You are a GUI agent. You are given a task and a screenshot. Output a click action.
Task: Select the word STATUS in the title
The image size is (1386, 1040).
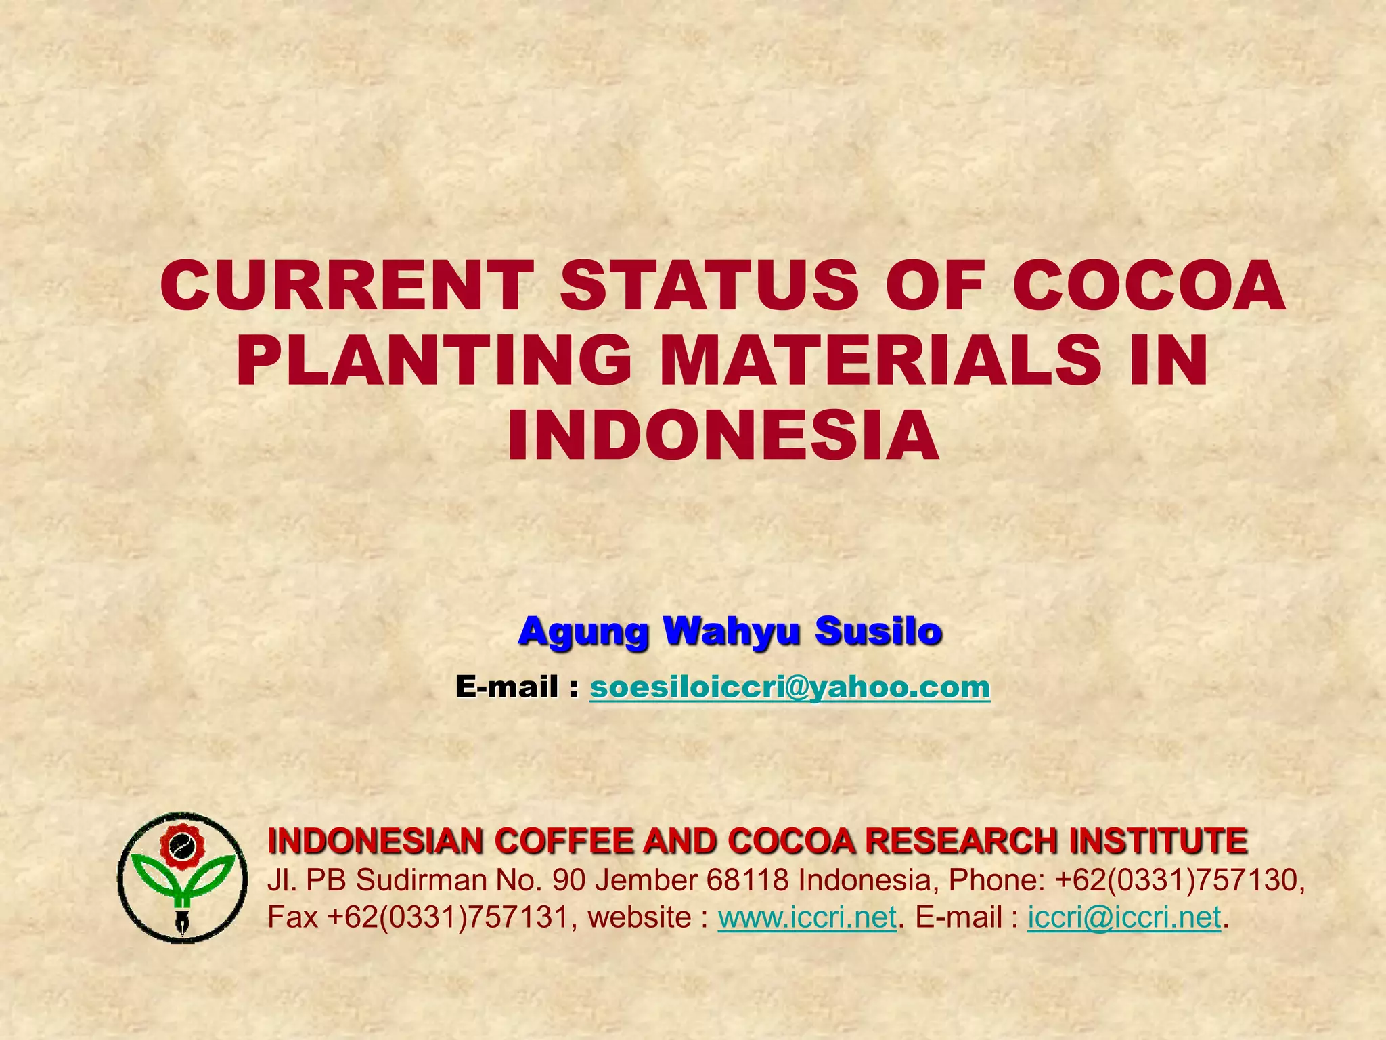click(x=709, y=286)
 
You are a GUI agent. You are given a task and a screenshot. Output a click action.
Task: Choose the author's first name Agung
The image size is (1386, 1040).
click(x=583, y=631)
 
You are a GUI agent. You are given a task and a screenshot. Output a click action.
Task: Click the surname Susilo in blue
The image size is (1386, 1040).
click(x=878, y=631)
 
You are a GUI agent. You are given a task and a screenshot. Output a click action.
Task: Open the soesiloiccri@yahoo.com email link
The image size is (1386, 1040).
click(x=790, y=687)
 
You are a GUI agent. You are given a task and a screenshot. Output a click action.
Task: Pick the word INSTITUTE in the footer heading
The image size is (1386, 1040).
click(x=1158, y=842)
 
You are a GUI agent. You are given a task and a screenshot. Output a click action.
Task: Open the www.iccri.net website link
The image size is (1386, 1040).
click(x=807, y=917)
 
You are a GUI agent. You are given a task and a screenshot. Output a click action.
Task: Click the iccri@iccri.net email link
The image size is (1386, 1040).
click(x=1124, y=917)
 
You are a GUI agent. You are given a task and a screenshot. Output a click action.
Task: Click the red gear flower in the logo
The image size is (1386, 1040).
click(x=182, y=847)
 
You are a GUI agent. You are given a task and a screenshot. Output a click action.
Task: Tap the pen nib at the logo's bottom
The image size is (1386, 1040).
click(x=182, y=922)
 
